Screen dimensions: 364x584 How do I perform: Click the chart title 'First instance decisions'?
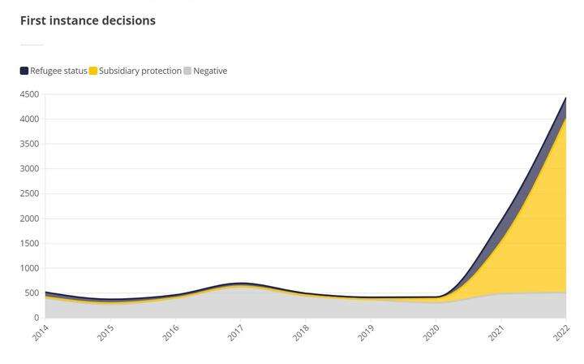(88, 20)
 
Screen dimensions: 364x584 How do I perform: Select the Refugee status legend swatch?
(24, 71)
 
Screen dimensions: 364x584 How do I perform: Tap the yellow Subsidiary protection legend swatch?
(93, 71)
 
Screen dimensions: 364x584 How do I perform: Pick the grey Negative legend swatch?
(187, 71)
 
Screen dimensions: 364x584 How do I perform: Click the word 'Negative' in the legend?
(210, 71)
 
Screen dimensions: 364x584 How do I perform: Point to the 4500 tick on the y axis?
(29, 94)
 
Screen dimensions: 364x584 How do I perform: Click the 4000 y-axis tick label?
(29, 119)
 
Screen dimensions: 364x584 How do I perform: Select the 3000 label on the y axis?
(29, 169)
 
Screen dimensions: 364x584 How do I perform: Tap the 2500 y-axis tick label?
(29, 193)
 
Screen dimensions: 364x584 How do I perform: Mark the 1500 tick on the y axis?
(29, 243)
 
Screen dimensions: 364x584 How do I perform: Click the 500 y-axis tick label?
(32, 292)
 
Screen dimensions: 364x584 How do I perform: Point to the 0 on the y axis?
(36, 318)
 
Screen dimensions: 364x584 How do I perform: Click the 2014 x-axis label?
(41, 332)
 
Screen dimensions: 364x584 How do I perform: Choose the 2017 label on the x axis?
(235, 332)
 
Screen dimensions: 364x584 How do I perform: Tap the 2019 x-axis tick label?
(366, 332)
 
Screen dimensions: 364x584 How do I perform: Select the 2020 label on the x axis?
(431, 332)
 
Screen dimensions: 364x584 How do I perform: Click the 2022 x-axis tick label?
(561, 332)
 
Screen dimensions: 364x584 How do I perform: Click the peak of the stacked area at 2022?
(565, 98)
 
